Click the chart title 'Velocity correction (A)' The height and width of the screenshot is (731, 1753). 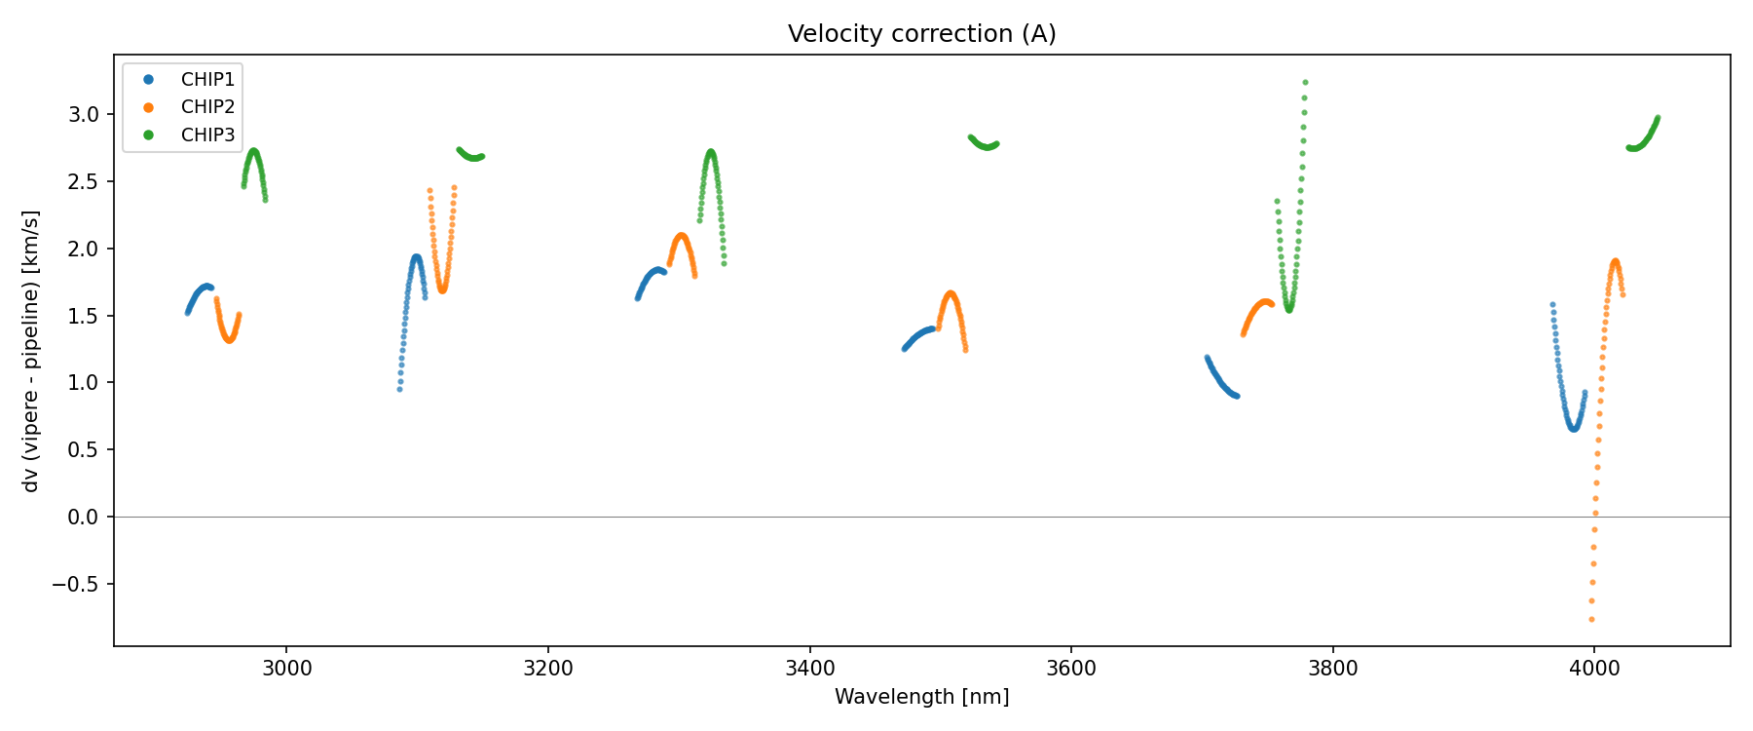coord(921,34)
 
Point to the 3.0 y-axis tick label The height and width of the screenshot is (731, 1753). coord(84,115)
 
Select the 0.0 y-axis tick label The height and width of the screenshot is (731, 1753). coord(84,518)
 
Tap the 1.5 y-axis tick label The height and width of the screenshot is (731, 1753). coord(84,316)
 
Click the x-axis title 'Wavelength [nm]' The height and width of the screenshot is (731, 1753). coord(921,697)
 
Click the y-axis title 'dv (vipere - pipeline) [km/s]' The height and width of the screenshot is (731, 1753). coord(31,351)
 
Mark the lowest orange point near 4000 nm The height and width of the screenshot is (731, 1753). coord(1591,619)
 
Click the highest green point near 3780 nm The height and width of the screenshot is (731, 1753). coord(1305,83)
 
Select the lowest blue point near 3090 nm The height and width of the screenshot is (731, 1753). coord(399,389)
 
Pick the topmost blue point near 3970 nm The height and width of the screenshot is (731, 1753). coord(1552,304)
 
